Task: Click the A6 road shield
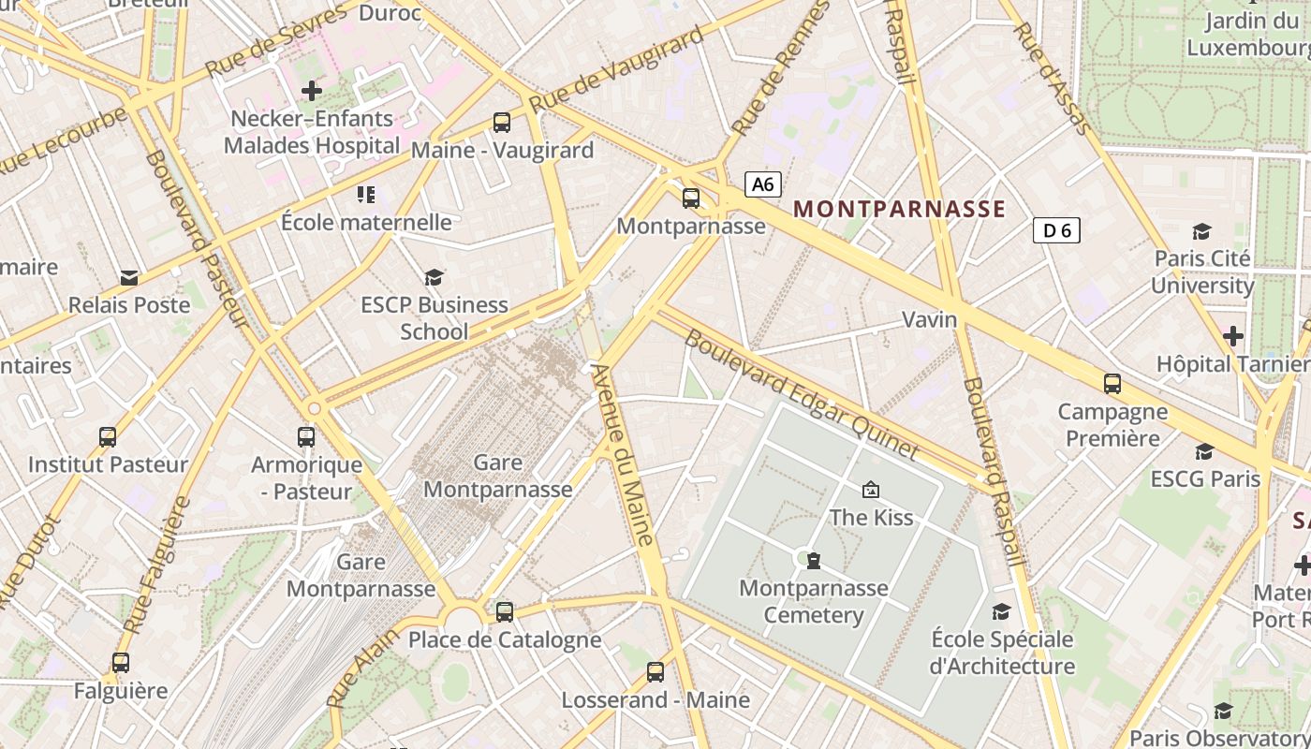click(x=763, y=184)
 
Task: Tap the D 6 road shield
click(x=1056, y=230)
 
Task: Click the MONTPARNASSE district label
click(x=899, y=210)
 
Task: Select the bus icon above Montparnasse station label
click(x=691, y=198)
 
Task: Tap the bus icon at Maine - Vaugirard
click(x=502, y=122)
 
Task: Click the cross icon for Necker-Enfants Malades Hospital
click(x=312, y=91)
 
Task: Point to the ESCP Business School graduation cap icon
click(x=434, y=277)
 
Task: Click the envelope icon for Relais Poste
click(x=129, y=278)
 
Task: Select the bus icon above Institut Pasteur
click(x=108, y=437)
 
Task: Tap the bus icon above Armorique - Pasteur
click(x=306, y=437)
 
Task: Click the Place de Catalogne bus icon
click(x=505, y=612)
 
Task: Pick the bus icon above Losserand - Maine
click(x=655, y=672)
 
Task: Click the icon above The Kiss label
click(x=871, y=490)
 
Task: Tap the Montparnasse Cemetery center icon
click(x=814, y=561)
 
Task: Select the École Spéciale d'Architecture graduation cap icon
click(x=1002, y=612)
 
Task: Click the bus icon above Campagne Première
click(x=1112, y=384)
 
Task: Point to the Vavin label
click(x=930, y=320)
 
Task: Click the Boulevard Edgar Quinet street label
click(x=802, y=395)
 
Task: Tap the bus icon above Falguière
click(x=121, y=663)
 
